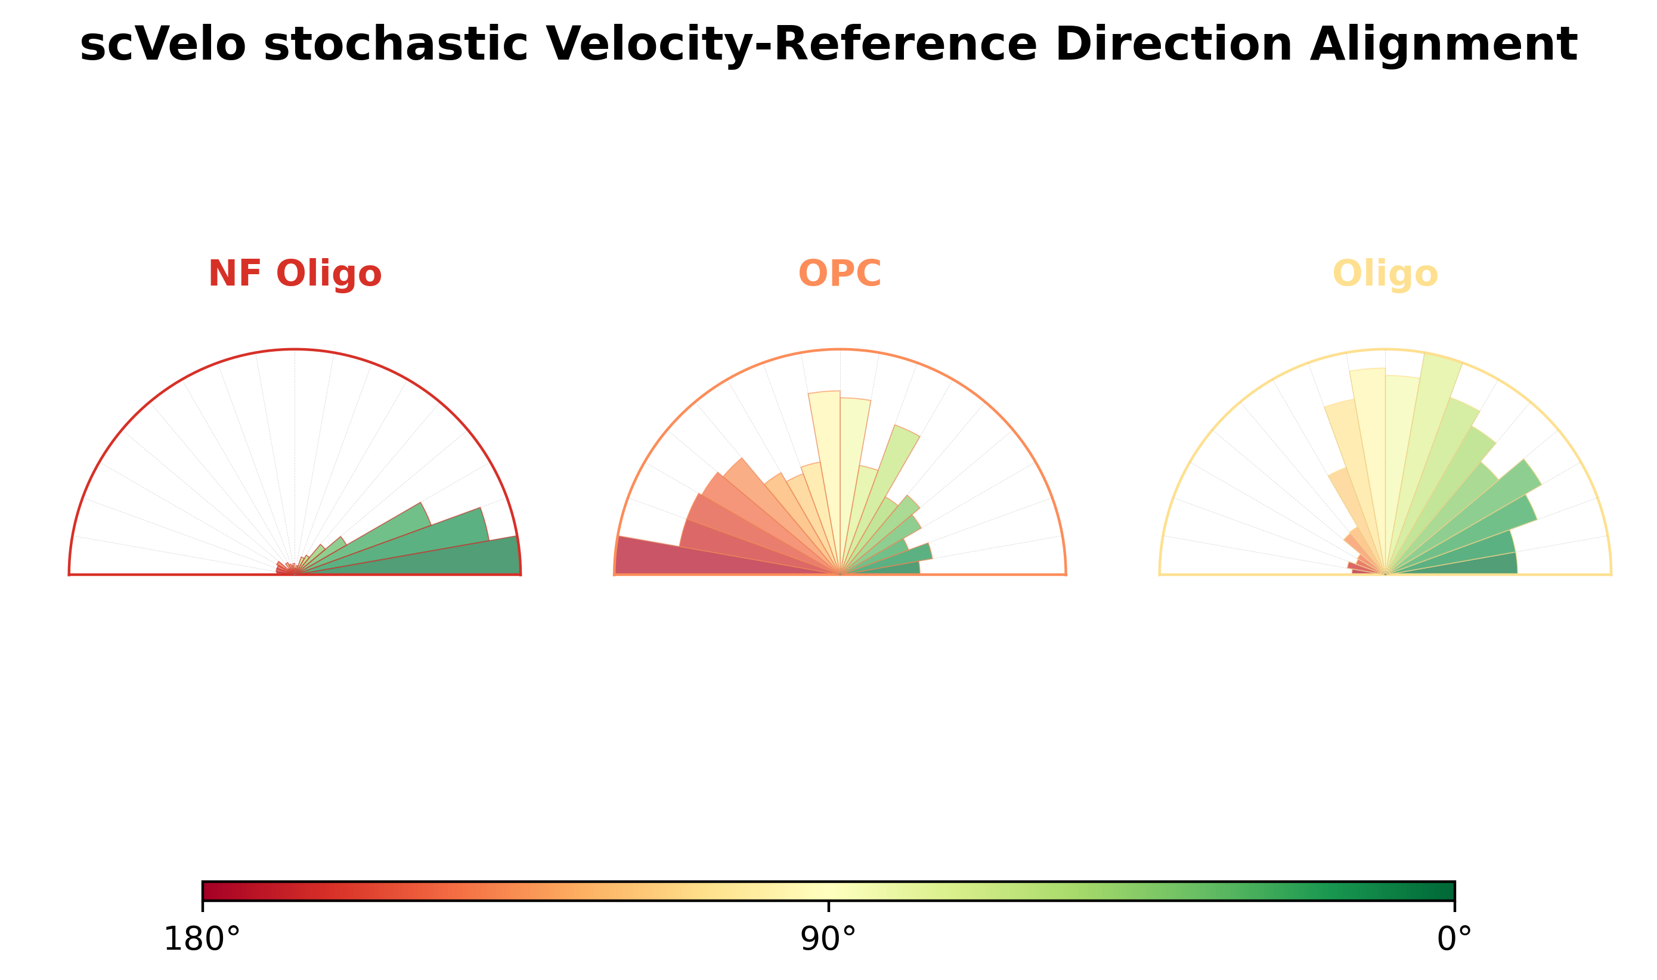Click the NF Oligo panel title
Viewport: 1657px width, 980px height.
tap(295, 274)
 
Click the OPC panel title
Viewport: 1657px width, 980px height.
tap(840, 274)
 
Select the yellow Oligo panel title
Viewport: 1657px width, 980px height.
tap(1385, 274)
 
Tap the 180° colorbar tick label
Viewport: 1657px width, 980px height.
tap(202, 939)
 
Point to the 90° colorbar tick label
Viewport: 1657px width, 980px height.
tap(828, 939)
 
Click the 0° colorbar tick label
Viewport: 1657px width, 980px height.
tap(1454, 939)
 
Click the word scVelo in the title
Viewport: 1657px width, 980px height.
tap(162, 45)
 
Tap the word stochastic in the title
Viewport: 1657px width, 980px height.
tap(395, 45)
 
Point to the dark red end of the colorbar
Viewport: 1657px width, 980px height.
tap(211, 891)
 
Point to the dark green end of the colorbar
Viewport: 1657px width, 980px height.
tap(1445, 891)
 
